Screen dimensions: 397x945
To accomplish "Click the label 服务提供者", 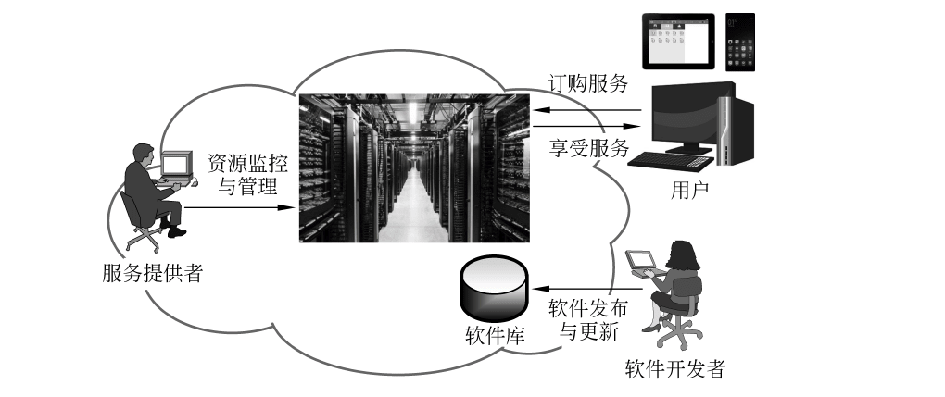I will coord(153,273).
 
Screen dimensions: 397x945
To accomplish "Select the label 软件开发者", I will coord(675,370).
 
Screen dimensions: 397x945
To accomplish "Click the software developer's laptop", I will coord(640,263).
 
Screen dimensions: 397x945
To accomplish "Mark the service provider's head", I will coord(145,155).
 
